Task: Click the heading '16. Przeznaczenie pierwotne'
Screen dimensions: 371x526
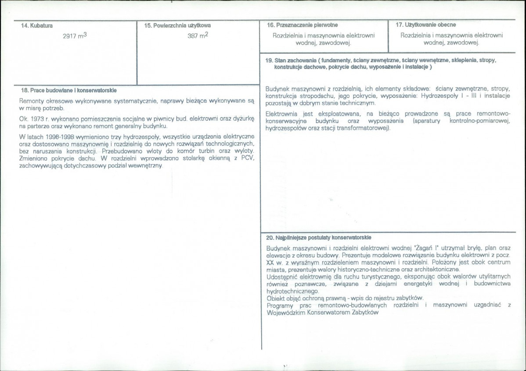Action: [303, 25]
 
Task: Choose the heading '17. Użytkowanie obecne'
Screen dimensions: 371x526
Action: [425, 25]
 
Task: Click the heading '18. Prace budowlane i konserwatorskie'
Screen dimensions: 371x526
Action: [68, 90]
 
